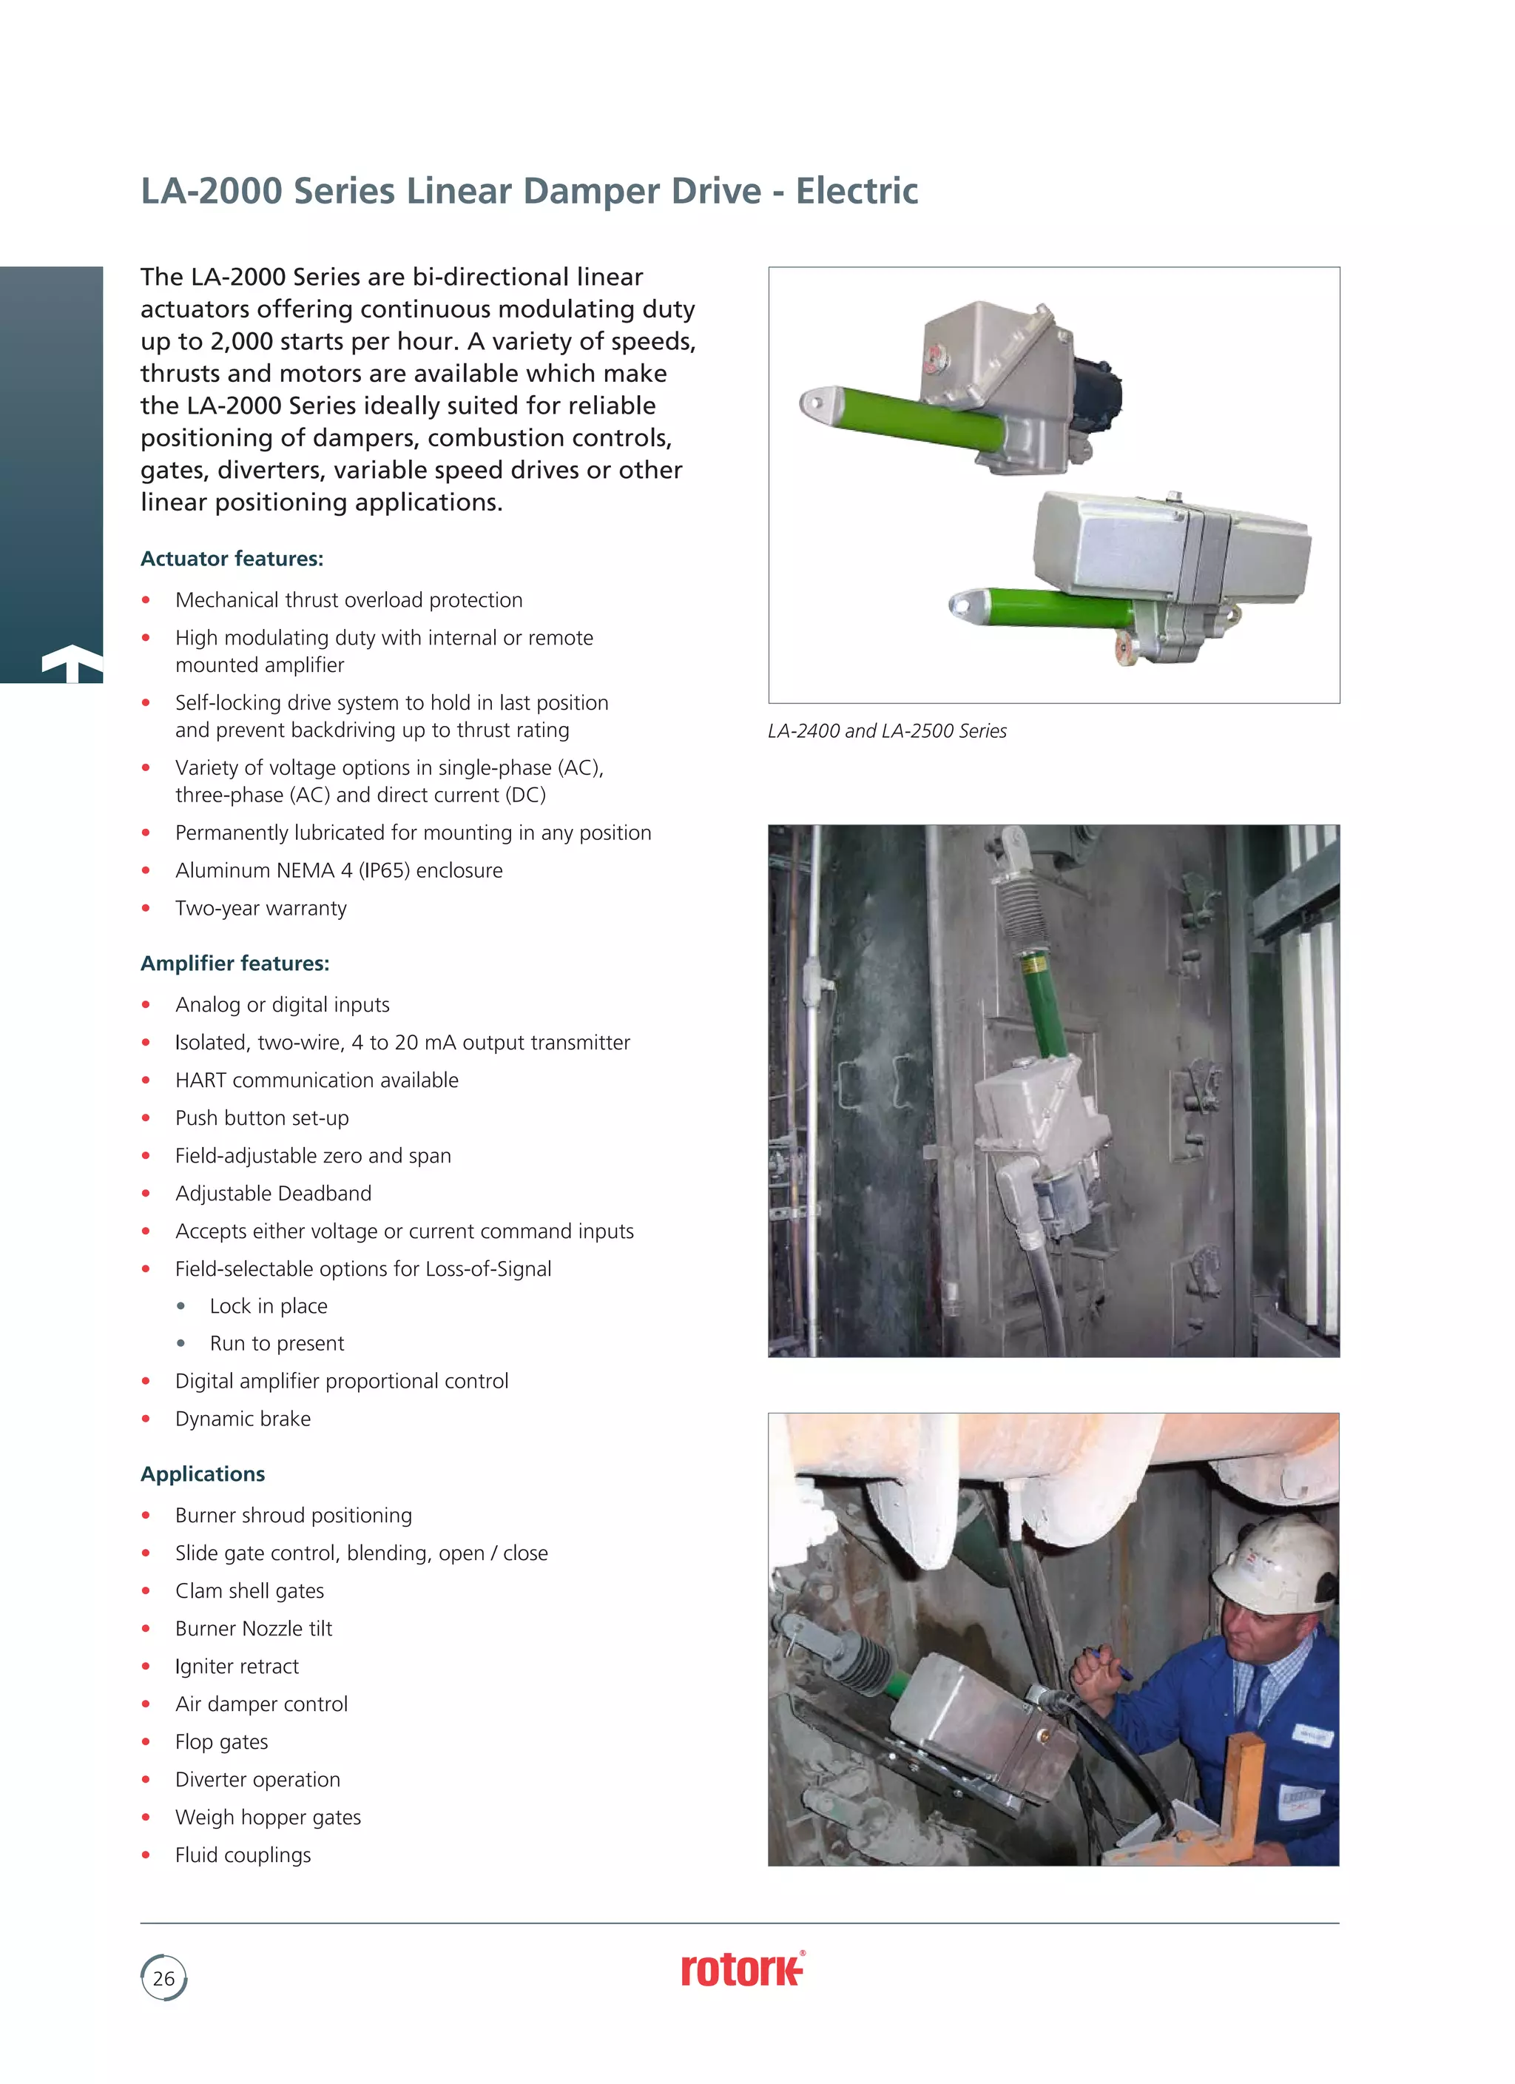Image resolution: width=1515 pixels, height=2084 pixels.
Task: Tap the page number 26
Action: (x=163, y=1978)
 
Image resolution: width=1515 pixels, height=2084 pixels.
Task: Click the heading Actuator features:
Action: (x=232, y=559)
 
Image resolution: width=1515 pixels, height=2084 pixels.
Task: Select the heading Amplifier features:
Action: (x=234, y=963)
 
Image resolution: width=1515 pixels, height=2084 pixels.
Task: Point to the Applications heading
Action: (x=202, y=1474)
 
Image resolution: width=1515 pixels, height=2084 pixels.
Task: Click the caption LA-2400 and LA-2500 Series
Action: (x=886, y=731)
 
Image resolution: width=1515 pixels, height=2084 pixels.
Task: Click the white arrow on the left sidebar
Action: (x=72, y=662)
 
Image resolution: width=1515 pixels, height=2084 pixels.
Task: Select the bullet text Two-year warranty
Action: (x=261, y=909)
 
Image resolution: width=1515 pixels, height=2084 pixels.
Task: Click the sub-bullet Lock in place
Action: (x=269, y=1307)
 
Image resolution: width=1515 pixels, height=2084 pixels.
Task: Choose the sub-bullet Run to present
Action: (x=277, y=1344)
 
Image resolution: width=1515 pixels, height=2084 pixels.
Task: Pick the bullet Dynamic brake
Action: (x=243, y=1419)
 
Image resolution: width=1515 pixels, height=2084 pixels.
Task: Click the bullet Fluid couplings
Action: (x=243, y=1855)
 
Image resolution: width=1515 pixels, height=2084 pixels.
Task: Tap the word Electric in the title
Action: (x=857, y=191)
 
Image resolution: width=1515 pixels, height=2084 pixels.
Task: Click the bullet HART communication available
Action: (x=316, y=1080)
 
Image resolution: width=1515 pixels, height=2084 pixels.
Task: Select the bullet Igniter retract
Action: (x=237, y=1667)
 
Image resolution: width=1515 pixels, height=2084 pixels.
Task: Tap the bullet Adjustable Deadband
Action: (x=273, y=1194)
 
